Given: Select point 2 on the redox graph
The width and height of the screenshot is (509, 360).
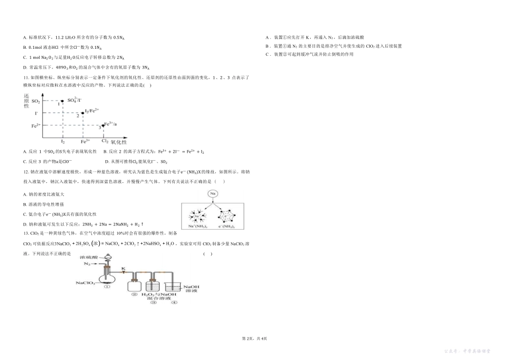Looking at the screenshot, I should [83, 112].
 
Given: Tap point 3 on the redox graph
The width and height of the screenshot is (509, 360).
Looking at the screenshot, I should [102, 125].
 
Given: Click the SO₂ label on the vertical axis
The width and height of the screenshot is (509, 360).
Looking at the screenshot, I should [36, 101].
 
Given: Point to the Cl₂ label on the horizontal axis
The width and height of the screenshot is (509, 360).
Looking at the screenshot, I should [105, 141].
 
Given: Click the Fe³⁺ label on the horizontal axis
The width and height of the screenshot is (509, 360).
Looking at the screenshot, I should [85, 141].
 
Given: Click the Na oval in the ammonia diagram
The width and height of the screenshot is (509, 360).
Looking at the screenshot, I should [213, 193].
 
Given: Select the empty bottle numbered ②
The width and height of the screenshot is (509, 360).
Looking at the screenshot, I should [134, 283].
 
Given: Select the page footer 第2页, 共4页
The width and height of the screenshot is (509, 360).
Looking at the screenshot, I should [254, 338].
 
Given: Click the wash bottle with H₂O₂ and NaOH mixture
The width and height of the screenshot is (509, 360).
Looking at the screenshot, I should [155, 283].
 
